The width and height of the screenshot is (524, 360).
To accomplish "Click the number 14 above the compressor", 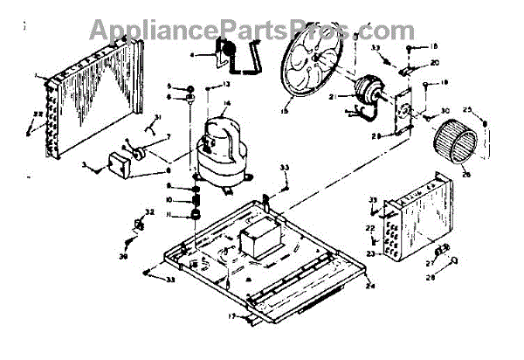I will pyautogui.click(x=226, y=104).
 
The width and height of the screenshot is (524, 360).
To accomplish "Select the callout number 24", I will pyautogui.click(x=369, y=285).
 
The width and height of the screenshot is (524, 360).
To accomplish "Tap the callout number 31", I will pyautogui.click(x=157, y=117).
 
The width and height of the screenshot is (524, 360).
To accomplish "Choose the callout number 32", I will pyautogui.click(x=149, y=212).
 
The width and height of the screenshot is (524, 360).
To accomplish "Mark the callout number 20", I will pyautogui.click(x=434, y=62).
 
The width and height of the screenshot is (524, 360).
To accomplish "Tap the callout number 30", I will pyautogui.click(x=445, y=111).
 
